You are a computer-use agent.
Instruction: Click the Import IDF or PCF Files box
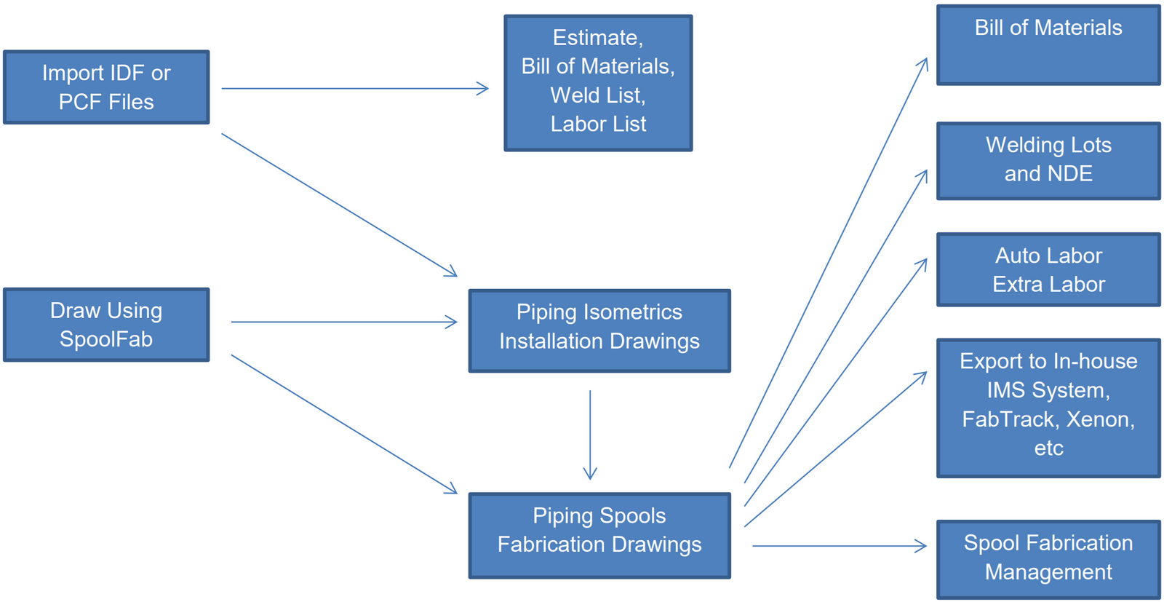(106, 87)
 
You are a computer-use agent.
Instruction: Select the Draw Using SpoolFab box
(106, 325)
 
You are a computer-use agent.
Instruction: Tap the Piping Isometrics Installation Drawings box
(599, 330)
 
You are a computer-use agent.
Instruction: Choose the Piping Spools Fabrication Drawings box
(599, 535)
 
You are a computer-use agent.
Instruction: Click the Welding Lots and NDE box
(1048, 160)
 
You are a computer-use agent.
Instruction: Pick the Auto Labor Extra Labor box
(1048, 269)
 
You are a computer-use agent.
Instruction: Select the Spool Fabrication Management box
(1048, 558)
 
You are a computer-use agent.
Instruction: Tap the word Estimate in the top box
(597, 38)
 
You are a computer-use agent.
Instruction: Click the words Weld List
(598, 95)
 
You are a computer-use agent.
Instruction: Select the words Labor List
(598, 124)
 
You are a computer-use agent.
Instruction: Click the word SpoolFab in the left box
(106, 339)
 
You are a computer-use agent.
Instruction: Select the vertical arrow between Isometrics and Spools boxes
(590, 435)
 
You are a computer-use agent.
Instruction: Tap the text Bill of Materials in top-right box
(1048, 28)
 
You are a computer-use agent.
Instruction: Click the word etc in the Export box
(1048, 448)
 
